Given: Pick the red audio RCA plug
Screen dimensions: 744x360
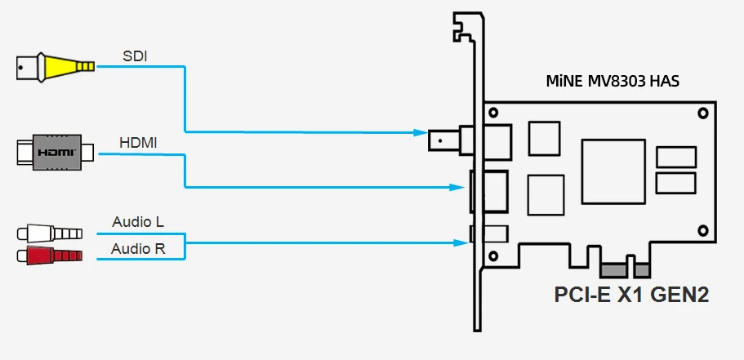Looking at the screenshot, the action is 49,256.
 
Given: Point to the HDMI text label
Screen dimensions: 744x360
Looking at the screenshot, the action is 139,143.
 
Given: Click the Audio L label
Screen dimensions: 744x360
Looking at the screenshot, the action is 139,222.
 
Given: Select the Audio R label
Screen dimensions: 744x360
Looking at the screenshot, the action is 139,248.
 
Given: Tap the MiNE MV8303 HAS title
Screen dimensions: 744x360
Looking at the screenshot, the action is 613,82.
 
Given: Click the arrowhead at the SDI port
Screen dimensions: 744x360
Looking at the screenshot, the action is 420,131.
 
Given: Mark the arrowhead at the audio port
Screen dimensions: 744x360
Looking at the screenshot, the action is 460,241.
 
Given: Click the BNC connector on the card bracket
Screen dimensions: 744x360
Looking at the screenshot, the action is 445,140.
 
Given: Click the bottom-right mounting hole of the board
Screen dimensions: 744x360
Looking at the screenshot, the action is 700,231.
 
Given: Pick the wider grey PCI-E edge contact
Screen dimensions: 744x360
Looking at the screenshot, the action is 613,270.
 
